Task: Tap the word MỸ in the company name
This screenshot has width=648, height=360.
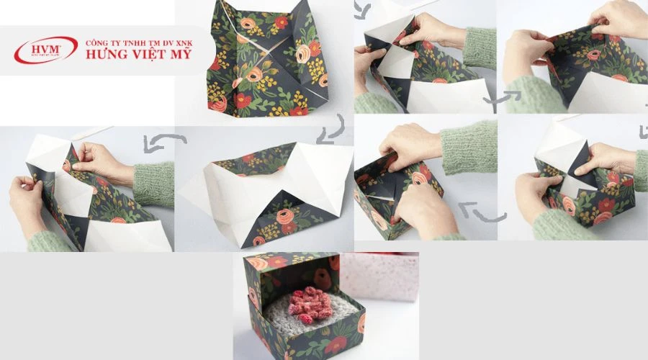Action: [180, 55]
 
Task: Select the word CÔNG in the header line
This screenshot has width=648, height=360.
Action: [96, 42]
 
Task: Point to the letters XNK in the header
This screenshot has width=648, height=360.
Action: [182, 42]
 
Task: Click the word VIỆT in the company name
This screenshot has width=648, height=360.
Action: [146, 55]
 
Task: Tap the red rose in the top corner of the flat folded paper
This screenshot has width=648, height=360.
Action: [282, 22]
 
